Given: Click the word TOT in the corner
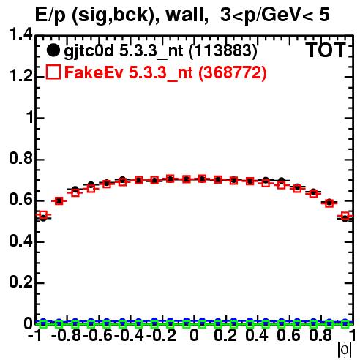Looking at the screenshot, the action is tap(326, 50).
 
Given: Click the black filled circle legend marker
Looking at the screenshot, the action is tap(53, 50).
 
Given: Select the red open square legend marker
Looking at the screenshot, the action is tap(53, 72).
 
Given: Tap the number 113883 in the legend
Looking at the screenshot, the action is tap(223, 50).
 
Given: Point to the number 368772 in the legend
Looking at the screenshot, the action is tap(233, 72).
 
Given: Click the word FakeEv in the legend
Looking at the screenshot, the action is tap(94, 72).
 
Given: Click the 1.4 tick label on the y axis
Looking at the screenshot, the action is tap(20, 34).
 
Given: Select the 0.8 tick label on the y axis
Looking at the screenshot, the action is tap(20, 158).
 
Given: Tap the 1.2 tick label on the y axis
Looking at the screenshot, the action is tap(20, 75).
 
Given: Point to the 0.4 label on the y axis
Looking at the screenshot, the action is tap(20, 241).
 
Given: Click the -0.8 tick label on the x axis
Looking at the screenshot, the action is tap(66, 335).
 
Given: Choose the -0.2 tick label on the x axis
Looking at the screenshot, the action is tap(161, 335).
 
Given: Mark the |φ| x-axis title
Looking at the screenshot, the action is tap(345, 349).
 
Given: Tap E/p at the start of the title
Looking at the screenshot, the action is tap(50, 15).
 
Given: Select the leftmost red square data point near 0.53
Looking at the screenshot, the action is tap(43, 215).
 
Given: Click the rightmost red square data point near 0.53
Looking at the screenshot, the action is tap(345, 216).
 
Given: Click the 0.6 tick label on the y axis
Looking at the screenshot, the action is tap(20, 200).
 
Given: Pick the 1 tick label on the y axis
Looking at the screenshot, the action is tap(29, 117).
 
